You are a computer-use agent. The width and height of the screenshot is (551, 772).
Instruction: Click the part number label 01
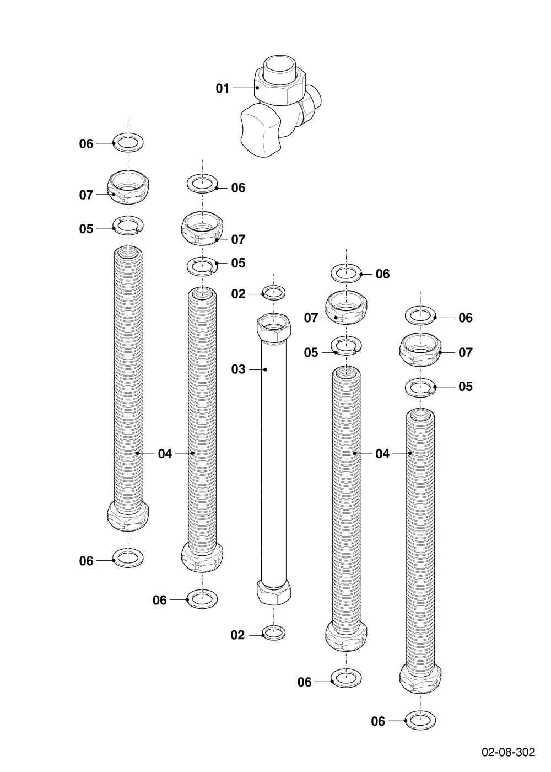222,88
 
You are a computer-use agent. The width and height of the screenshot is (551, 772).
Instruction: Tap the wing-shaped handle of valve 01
260,131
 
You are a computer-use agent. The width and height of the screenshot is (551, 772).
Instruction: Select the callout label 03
238,369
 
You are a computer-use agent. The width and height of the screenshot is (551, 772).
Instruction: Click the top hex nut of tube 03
274,326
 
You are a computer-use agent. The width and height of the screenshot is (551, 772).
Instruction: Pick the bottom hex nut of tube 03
274,592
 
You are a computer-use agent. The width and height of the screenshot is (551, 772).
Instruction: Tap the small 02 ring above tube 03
274,293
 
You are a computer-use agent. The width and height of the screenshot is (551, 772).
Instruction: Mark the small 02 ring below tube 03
274,633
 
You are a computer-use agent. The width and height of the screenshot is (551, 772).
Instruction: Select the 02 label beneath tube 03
237,635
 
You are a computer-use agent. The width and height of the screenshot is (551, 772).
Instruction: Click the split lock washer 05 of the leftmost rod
128,226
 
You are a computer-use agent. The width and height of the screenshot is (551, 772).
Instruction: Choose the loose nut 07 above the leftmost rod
128,187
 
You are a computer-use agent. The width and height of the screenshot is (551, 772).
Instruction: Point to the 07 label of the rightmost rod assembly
465,352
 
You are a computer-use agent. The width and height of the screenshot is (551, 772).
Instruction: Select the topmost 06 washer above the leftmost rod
128,142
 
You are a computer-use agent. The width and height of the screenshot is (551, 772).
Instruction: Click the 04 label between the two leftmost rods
165,454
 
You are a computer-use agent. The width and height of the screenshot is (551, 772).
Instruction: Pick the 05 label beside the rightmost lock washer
465,387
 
